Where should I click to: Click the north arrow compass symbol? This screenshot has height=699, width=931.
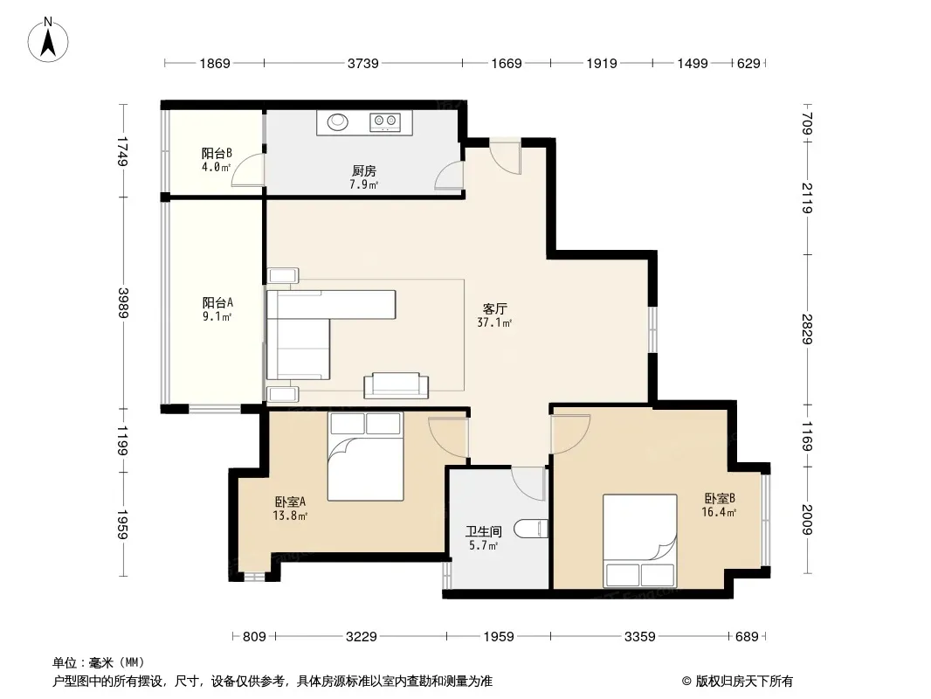coord(48,40)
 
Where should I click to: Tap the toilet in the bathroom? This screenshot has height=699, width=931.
coord(530,529)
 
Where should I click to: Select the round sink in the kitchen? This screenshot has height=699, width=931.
coord(338,121)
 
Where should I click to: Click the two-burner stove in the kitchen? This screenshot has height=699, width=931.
coord(385,121)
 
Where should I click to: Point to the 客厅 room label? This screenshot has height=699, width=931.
coord(494,308)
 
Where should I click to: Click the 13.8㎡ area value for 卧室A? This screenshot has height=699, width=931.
coord(290,516)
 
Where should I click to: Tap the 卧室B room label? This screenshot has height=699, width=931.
coord(720,498)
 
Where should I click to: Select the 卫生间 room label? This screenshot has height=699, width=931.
coord(483,531)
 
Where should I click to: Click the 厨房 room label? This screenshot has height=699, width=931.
coord(364,171)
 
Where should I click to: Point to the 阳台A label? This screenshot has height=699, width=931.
coord(217,303)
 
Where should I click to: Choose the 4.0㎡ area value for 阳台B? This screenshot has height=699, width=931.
coord(216,168)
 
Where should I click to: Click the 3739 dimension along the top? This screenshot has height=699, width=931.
coord(362,63)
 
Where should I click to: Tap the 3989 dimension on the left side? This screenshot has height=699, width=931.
coord(123,303)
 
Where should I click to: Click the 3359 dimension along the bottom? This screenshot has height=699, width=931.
coord(639,637)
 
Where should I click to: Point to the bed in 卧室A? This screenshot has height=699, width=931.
coord(365,456)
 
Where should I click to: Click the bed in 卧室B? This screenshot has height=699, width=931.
coord(640,541)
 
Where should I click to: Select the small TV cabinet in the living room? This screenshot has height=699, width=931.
coord(396,385)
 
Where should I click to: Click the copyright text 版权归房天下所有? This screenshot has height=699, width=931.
coord(744,682)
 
